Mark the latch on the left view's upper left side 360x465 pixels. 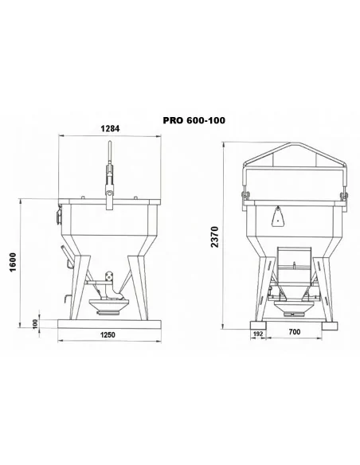click(x=57, y=215)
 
